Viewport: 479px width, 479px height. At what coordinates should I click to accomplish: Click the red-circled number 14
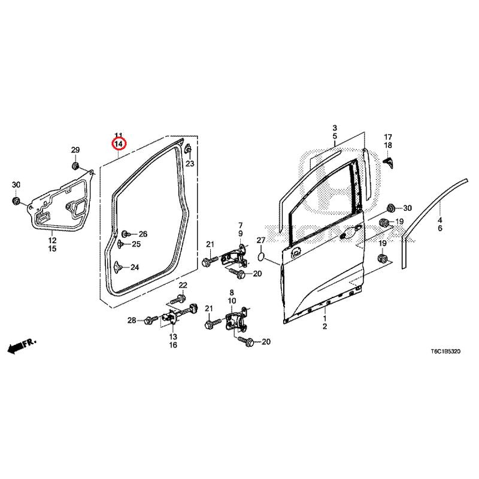(x=119, y=144)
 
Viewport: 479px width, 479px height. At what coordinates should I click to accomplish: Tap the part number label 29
(x=75, y=149)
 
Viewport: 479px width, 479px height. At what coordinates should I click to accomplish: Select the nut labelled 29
(x=76, y=165)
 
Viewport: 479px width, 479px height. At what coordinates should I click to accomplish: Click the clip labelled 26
(x=126, y=234)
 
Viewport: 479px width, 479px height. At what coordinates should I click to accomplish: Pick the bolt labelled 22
(x=180, y=298)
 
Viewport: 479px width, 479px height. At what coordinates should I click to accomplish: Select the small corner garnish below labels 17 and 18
(x=389, y=161)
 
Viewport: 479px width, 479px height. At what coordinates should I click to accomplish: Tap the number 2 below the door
(x=325, y=327)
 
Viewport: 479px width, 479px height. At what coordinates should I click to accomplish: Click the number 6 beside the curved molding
(x=440, y=229)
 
